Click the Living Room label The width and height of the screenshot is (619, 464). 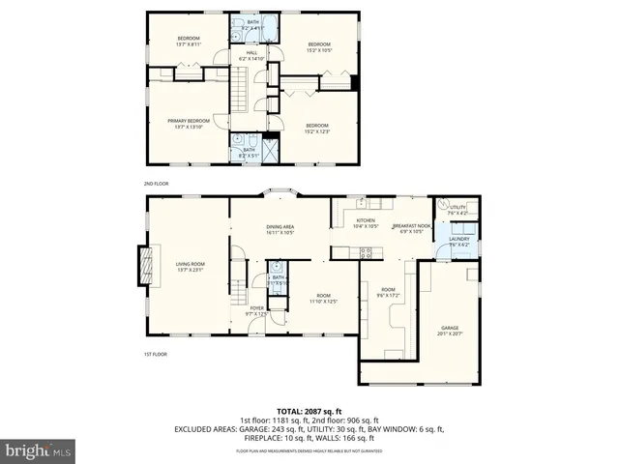click(x=190, y=265)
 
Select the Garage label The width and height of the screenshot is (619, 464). click(x=451, y=330)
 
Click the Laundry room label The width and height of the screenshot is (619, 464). click(x=459, y=242)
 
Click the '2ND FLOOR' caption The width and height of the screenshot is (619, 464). click(x=156, y=183)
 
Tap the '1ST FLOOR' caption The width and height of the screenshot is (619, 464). click(x=156, y=355)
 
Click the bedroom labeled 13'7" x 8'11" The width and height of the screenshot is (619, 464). click(x=188, y=42)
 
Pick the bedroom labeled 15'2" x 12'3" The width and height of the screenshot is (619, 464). click(x=318, y=128)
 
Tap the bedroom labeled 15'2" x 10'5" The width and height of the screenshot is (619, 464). click(x=320, y=46)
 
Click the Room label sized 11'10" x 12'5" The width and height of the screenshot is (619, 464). click(x=323, y=299)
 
